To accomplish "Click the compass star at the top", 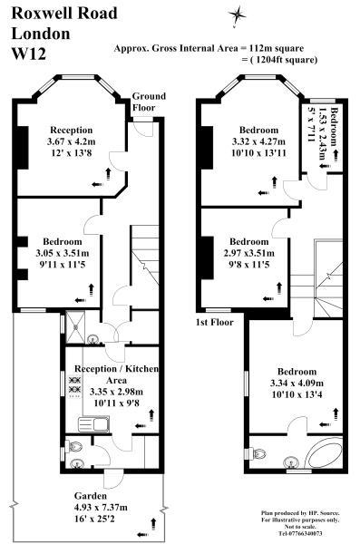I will pos(238,13).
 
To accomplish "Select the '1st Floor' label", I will pos(215,322).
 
